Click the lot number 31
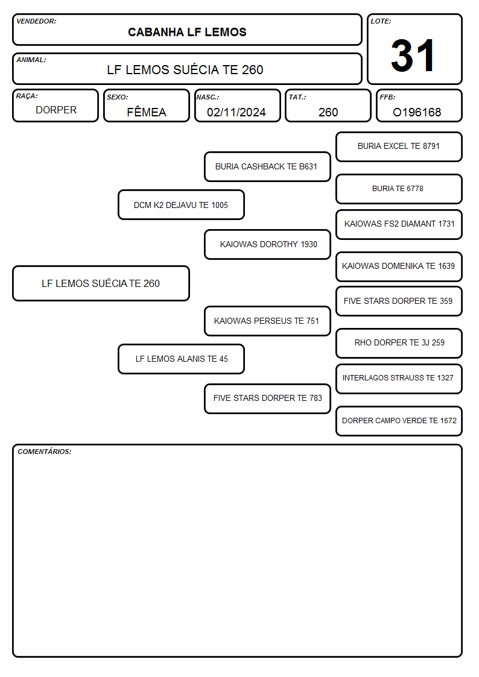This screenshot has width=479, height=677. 413,55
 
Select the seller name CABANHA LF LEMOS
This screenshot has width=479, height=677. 187,33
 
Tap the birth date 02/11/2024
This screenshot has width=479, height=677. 236,112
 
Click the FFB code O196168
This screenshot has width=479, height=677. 417,112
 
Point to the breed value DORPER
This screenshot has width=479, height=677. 56,110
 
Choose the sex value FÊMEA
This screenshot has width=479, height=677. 147,112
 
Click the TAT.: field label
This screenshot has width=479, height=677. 297,97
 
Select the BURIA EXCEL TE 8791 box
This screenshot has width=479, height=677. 399,147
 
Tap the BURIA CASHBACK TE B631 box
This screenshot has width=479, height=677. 267,166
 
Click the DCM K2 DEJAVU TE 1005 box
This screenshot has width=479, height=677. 181,205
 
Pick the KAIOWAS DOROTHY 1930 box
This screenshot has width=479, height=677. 267,244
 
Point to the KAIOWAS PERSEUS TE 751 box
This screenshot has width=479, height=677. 267,321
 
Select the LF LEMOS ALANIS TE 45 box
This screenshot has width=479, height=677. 181,359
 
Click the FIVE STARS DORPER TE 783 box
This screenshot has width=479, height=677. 267,398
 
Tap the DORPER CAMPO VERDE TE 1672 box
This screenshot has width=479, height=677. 399,421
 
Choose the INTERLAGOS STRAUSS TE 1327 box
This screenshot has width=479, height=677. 399,379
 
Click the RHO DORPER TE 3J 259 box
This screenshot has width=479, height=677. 399,343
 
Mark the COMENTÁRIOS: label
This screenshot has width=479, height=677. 45,452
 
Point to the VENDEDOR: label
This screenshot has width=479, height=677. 36,21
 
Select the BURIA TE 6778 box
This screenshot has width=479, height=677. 399,189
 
